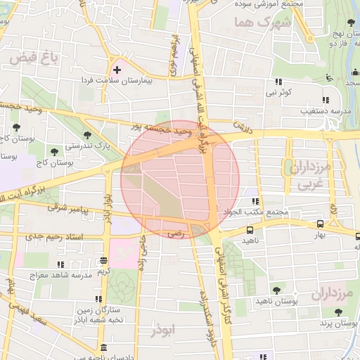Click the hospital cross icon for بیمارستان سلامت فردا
click(117, 70)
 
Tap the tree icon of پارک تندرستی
click(87, 134)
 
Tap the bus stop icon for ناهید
click(250, 230)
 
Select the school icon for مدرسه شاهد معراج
click(60, 264)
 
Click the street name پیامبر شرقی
click(65, 209)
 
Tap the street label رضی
click(176, 233)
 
